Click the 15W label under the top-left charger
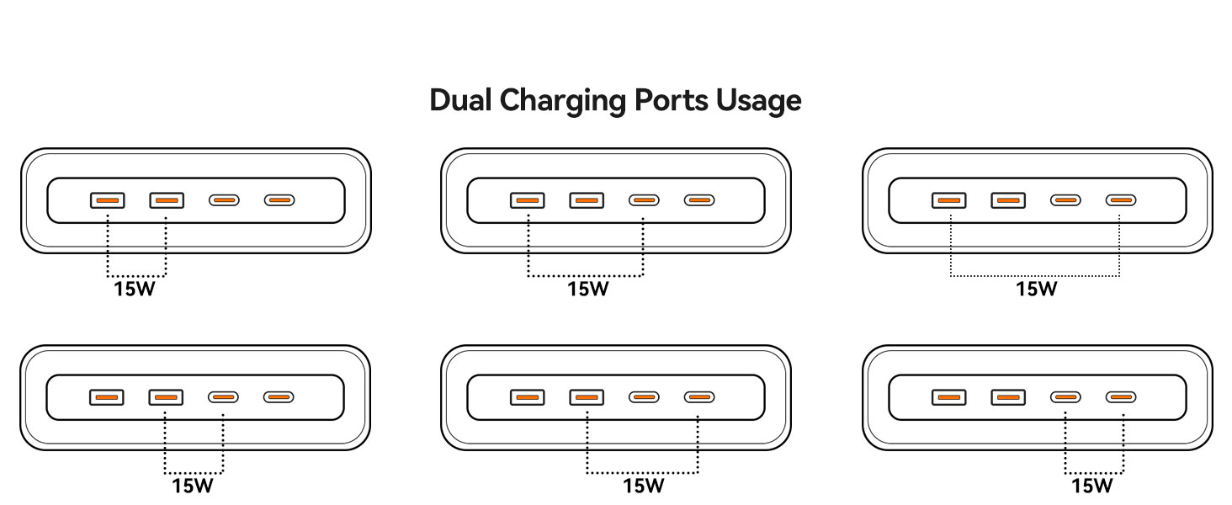[135, 290]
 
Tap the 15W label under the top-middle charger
[587, 290]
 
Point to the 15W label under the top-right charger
[1036, 290]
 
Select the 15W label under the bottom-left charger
[194, 486]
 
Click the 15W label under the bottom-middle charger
[644, 486]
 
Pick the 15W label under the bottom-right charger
[1092, 486]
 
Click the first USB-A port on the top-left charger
[107, 200]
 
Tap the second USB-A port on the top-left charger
[167, 200]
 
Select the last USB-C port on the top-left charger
[279, 200]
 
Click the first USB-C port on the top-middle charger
[644, 200]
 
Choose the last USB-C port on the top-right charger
[1120, 200]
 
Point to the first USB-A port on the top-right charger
[949, 200]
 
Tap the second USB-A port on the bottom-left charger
[166, 396]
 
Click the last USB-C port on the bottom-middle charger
[698, 396]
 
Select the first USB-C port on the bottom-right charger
[1065, 396]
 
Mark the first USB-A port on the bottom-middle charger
[527, 396]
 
